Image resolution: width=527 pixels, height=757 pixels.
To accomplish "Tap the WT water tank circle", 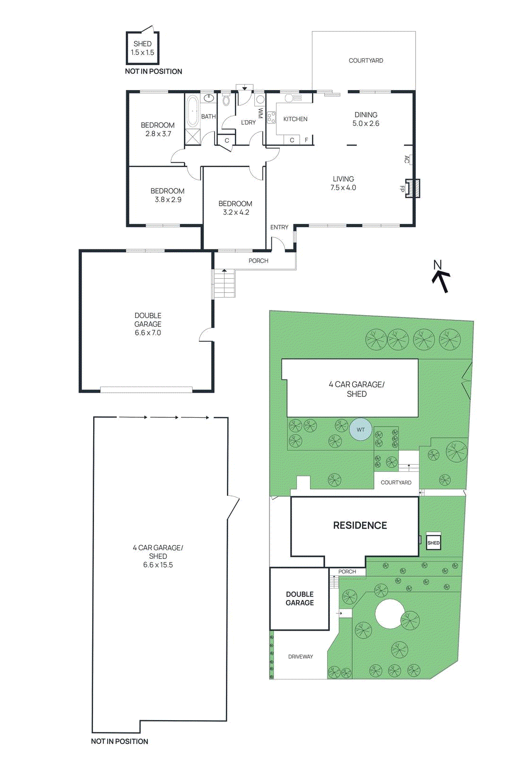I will tap(361, 430).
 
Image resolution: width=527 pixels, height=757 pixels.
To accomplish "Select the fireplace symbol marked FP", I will tap(412, 188).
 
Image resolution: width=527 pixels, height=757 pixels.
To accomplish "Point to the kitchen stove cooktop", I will tap(271, 117).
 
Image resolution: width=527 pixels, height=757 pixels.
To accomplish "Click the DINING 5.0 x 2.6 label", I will tap(366, 119).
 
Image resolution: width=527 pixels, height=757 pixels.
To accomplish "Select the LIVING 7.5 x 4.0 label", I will tap(343, 183).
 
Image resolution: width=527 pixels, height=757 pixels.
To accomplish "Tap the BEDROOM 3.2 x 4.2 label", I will tap(235, 208).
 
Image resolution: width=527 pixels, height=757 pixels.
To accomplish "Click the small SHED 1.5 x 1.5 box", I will tap(142, 48).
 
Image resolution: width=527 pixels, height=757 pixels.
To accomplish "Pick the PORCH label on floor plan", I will tap(258, 261).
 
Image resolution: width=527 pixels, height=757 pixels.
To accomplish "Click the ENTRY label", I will tap(279, 227).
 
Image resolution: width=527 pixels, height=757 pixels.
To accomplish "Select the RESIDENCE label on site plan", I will tap(360, 525).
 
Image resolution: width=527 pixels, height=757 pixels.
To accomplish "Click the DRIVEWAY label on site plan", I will tap(301, 656).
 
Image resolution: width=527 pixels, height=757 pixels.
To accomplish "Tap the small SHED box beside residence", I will tap(433, 542).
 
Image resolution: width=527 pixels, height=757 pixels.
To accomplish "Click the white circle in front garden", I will tap(390, 614).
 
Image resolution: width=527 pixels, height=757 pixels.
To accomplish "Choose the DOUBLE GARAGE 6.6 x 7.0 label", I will tap(148, 324).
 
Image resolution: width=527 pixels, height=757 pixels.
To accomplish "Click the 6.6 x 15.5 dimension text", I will tap(158, 565).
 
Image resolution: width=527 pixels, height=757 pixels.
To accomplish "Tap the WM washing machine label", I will tap(260, 113).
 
